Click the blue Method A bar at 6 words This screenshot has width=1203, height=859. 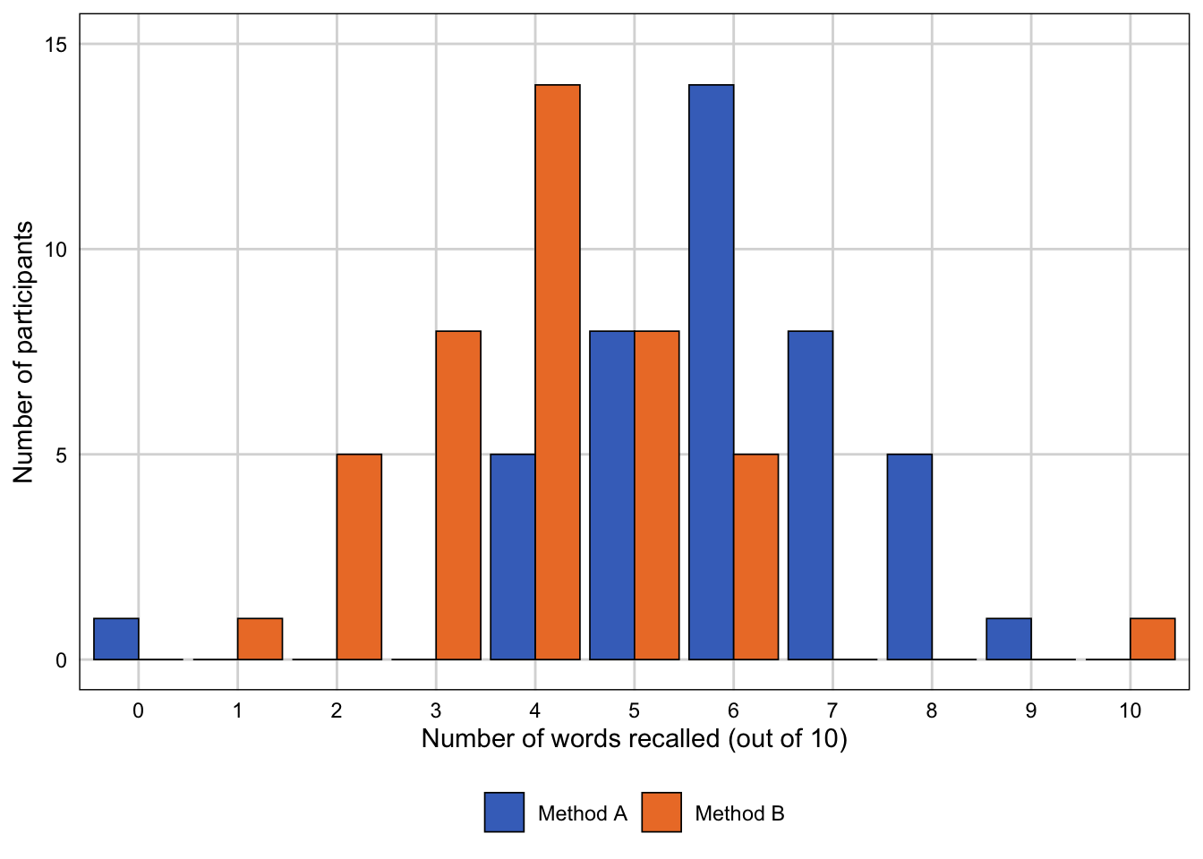(712, 372)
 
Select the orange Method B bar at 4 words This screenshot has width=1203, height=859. (558, 372)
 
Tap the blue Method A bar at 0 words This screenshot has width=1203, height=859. (116, 639)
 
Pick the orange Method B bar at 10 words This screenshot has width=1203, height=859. (1152, 639)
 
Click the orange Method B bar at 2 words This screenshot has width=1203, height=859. (359, 557)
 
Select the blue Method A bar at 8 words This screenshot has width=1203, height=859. (909, 557)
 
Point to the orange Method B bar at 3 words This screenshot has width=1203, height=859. (458, 495)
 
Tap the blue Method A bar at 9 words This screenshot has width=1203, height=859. (1009, 639)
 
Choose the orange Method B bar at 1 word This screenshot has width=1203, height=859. (260, 639)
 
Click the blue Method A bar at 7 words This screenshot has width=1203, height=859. (810, 495)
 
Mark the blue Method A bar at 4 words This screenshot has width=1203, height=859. (513, 557)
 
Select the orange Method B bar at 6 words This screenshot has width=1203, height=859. (755, 557)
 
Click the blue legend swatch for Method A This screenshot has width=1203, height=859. (504, 812)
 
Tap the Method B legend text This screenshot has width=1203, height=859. (739, 813)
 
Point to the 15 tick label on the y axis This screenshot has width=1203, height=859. (55, 45)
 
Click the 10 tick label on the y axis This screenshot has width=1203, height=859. (55, 250)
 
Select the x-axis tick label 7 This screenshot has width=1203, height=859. (832, 711)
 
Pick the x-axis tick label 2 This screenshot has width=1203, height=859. (337, 711)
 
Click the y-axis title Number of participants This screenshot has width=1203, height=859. (24, 352)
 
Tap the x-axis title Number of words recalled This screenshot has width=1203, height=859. (634, 739)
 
